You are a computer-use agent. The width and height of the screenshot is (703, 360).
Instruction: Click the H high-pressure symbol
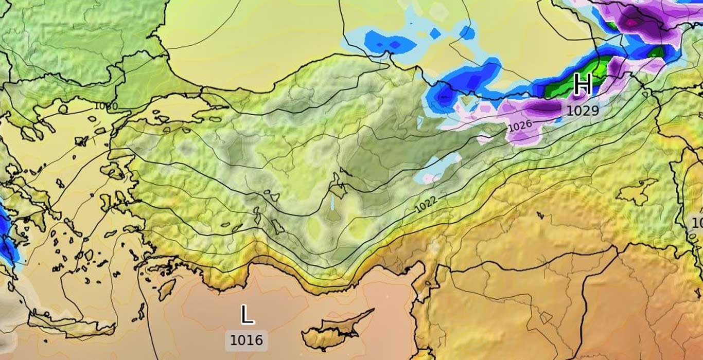pos(583,84)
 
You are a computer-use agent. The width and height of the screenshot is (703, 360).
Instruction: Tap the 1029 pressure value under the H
pos(583,111)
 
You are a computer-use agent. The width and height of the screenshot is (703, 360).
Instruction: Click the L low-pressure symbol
pos(247,314)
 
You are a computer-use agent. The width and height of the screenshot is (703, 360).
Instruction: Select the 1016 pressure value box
pos(246,340)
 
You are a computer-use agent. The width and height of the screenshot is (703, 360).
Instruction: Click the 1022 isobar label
pos(426,204)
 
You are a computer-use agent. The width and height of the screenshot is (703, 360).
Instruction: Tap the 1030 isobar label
pos(106,106)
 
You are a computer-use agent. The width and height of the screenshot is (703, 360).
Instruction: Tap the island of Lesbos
pos(114,170)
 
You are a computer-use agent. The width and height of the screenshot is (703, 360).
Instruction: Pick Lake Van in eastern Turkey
pos(637,192)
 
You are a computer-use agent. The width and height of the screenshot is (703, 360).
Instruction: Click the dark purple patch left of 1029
pos(540,107)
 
